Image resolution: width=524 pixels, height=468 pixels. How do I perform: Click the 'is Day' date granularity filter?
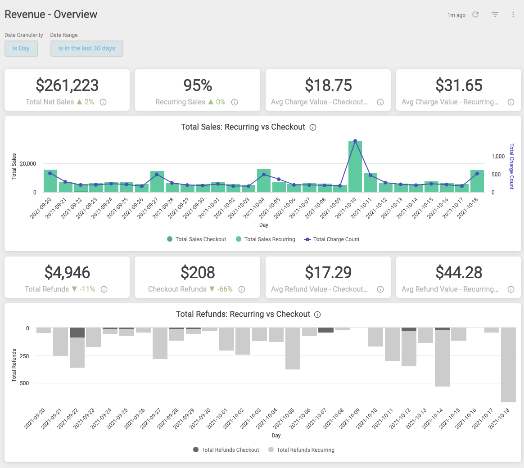(x=21, y=49)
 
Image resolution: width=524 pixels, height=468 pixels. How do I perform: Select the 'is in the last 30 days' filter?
(x=86, y=49)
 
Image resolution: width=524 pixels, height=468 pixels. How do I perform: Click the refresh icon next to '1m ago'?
(x=475, y=15)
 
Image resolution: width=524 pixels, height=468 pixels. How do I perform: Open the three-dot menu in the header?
(x=513, y=15)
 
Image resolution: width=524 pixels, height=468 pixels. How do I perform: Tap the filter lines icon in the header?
(x=495, y=15)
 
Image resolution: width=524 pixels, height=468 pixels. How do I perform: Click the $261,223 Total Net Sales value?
(x=67, y=85)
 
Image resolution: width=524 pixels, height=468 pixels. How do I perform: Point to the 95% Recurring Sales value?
(x=198, y=85)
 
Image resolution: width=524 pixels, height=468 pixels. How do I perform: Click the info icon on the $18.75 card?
(x=380, y=102)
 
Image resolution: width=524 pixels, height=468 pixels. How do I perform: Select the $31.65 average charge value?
(x=459, y=85)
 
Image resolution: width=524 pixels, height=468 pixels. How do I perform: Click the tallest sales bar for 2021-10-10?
(x=355, y=166)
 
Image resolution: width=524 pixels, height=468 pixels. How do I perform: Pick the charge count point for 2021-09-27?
(x=157, y=175)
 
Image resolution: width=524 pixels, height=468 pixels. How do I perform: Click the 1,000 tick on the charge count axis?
(x=498, y=157)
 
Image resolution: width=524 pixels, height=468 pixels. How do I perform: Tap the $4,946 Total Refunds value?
(x=67, y=272)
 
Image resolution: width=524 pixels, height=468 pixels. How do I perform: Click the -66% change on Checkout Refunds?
(x=225, y=289)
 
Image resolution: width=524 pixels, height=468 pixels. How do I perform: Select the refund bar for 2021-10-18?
(x=508, y=364)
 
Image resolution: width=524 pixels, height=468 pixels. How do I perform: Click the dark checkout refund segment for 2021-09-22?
(x=77, y=333)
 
